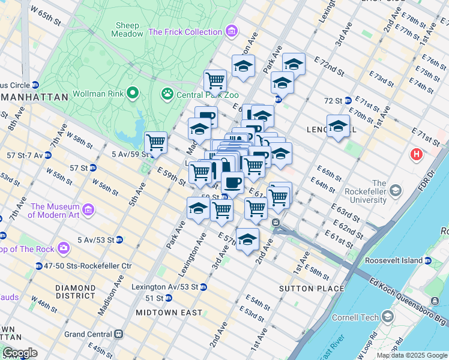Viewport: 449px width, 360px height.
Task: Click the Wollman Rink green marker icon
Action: tap(133, 94)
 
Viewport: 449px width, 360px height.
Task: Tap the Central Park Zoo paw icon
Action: tap(166, 94)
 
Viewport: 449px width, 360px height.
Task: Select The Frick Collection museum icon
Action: tap(232, 31)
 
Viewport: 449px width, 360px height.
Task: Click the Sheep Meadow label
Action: tap(127, 30)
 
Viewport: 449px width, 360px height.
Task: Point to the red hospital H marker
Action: tap(416, 155)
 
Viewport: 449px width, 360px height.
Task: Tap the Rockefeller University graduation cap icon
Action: tap(395, 191)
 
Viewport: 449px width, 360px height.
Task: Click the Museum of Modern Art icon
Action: tap(88, 210)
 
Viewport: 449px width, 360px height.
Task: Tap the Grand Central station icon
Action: tap(119, 334)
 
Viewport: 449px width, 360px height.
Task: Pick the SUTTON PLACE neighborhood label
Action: tap(312, 289)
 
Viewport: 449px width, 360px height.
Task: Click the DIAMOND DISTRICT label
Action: tap(75, 292)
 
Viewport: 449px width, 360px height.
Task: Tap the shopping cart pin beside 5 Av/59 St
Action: tap(156, 143)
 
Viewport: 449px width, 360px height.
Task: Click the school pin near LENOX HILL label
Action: tap(339, 126)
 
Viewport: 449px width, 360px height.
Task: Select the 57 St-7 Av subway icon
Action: tap(47, 155)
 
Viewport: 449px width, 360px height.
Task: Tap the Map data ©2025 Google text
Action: tap(412, 355)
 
